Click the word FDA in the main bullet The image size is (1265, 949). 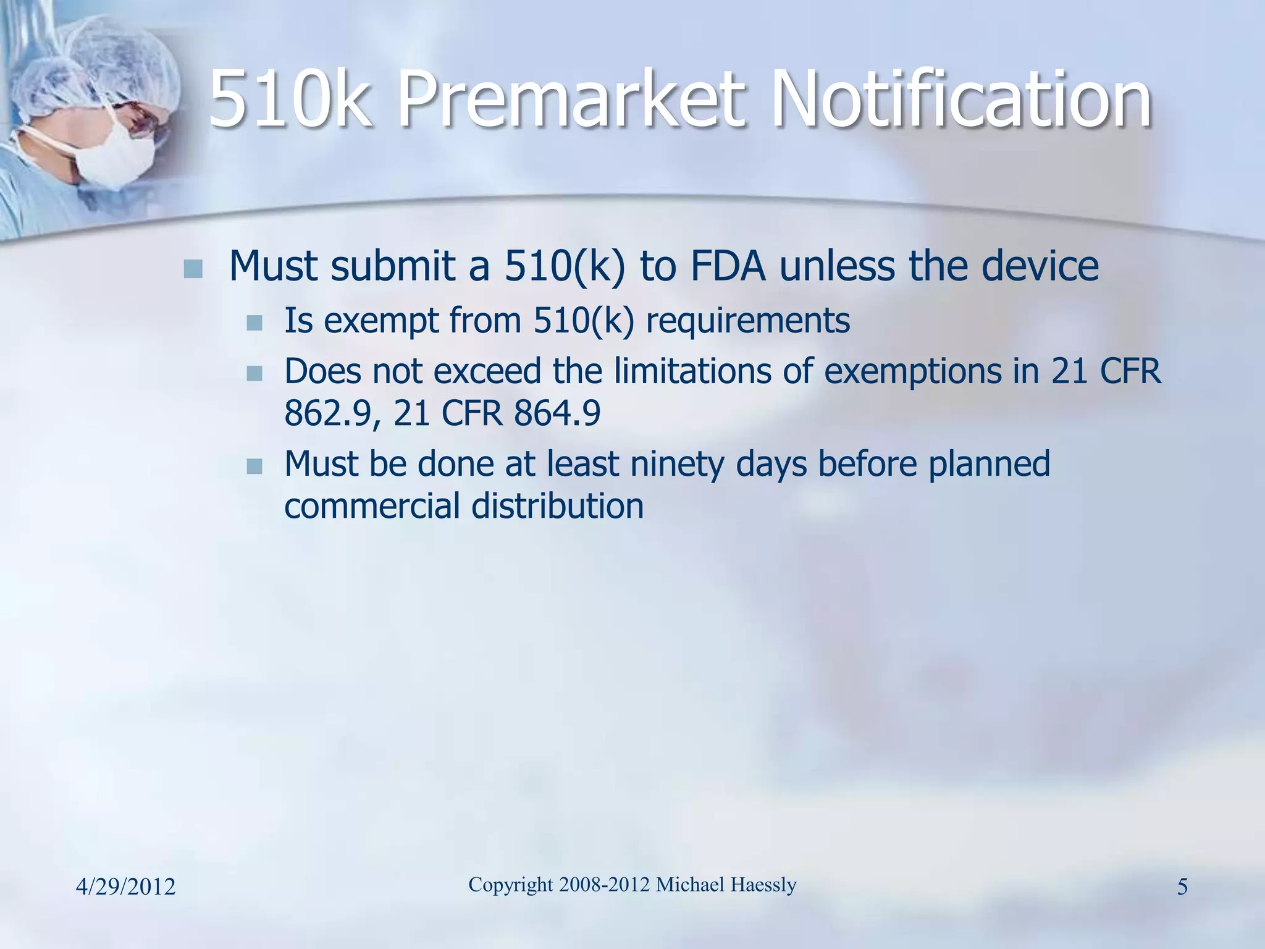(728, 266)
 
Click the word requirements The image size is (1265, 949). (747, 321)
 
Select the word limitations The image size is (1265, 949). (693, 371)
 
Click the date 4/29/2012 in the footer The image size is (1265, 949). (126, 887)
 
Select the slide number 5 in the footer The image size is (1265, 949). (1182, 887)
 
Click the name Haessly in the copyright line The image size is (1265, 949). (763, 885)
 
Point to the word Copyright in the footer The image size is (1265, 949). (511, 885)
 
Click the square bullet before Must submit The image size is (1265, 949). (193, 269)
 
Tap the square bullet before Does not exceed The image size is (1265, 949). (254, 374)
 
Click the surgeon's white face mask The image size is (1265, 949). (111, 158)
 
